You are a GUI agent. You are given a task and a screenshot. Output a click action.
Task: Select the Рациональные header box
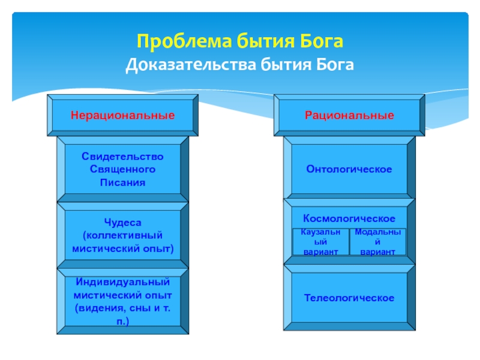349,114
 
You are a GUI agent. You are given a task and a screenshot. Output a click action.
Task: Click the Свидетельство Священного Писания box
122,169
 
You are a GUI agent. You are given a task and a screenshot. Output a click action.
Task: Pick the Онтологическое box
349,169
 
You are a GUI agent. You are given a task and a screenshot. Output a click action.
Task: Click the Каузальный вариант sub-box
320,242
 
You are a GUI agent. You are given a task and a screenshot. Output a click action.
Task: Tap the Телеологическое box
349,298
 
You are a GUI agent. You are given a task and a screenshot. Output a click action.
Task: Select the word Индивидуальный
122,282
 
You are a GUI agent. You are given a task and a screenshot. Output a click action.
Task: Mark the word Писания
122,182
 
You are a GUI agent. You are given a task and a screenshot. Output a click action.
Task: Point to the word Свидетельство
122,156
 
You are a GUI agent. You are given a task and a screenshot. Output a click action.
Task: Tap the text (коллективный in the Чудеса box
122,235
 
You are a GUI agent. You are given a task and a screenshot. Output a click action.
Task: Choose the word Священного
122,169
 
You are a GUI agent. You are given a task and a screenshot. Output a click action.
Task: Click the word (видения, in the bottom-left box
98,308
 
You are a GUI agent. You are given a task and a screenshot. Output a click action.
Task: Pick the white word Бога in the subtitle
335,64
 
